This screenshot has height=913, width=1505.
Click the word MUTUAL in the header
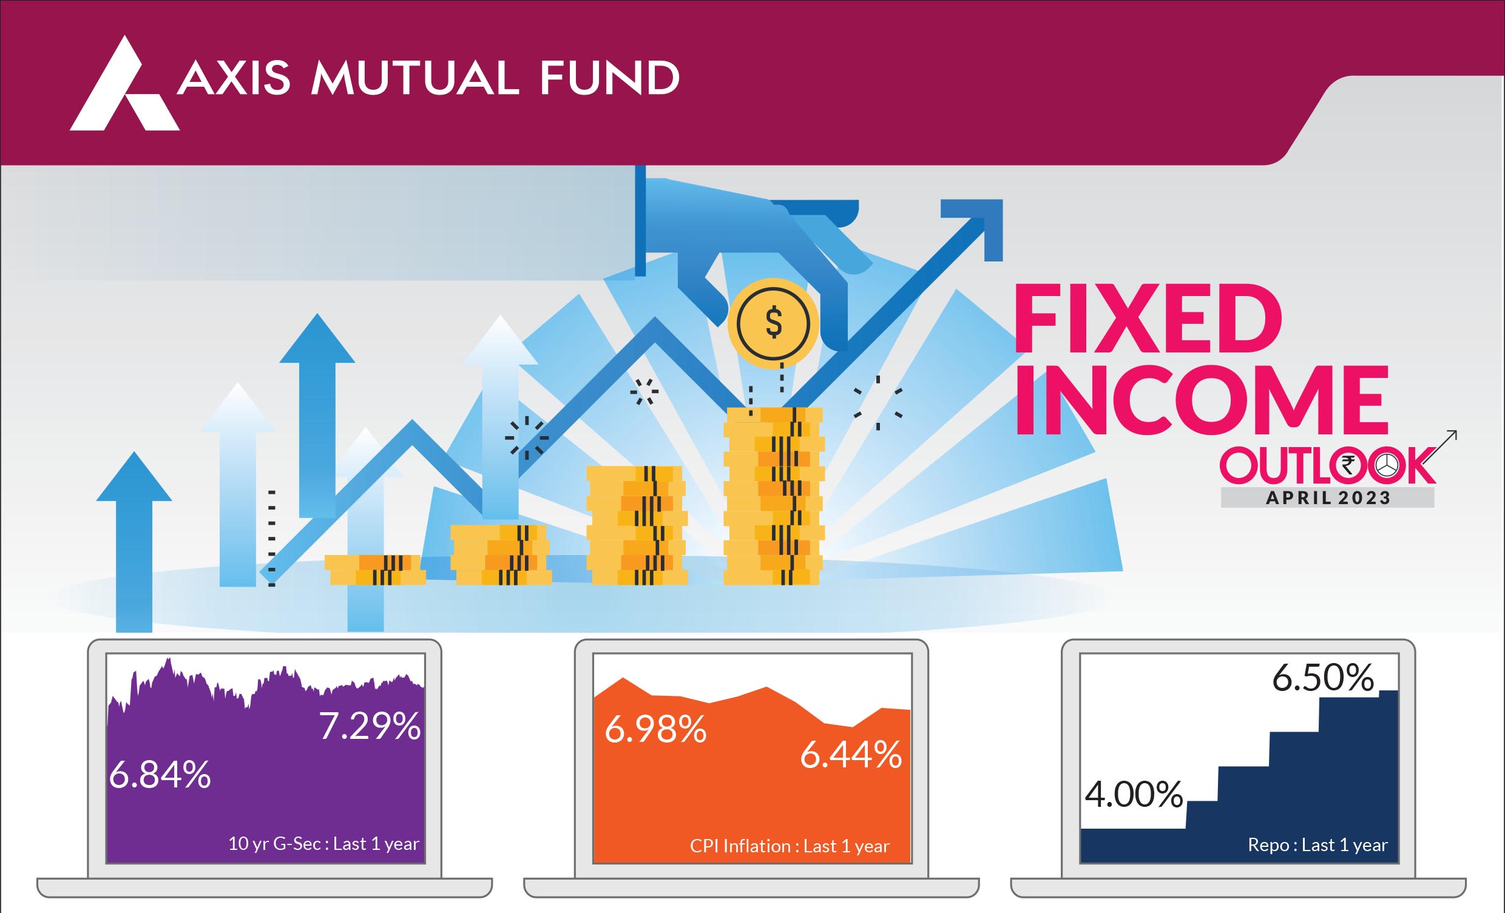pos(415,78)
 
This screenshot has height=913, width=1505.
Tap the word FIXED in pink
pos(1148,318)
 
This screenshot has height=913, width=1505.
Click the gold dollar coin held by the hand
pos(773,323)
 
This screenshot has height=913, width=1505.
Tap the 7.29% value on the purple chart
pos(370,726)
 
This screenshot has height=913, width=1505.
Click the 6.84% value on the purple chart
pos(160,775)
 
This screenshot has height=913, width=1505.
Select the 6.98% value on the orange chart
pos(655,729)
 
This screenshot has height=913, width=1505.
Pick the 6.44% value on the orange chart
pos(851,755)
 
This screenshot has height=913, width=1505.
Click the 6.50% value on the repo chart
pos(1323,678)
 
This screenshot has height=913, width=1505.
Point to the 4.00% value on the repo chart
pos(1134,795)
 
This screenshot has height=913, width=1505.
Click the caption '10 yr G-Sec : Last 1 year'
pos(323,844)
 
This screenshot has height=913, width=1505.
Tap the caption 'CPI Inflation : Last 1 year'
pos(790,846)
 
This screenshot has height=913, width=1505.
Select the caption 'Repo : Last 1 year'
pos(1318,845)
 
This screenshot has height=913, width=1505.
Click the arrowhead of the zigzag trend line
pos(975,227)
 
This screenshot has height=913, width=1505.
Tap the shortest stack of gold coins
pos(375,570)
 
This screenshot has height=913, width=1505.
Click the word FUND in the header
pos(609,78)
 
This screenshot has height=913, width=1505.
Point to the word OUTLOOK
pos(1328,465)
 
